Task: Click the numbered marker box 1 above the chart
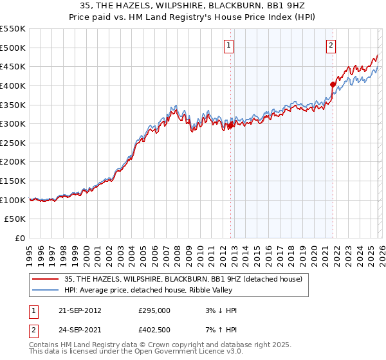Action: click(230, 45)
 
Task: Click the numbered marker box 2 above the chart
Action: click(331, 45)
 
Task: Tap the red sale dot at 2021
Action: click(333, 84)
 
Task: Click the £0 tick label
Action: click(21, 238)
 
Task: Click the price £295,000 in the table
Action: click(154, 310)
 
